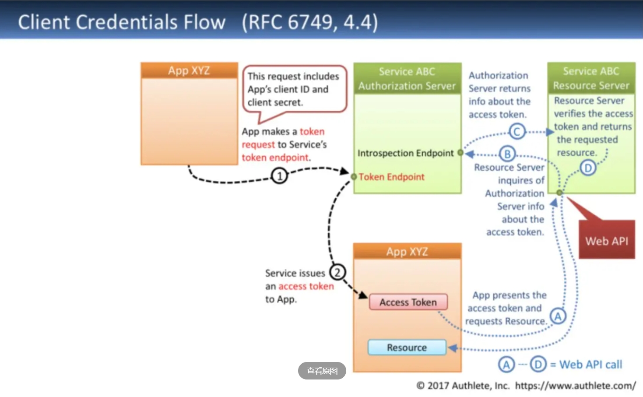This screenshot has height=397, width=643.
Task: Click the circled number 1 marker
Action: point(279,176)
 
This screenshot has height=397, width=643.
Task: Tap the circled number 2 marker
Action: point(337,272)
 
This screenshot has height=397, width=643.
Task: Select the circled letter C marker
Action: point(517,131)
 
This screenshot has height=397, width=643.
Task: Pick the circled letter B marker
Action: point(507,154)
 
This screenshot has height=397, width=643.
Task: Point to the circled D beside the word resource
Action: point(588,168)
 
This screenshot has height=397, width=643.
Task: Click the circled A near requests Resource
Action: point(558,316)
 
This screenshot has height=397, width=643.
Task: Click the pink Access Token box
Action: point(408,302)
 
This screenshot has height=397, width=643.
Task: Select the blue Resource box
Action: point(407,348)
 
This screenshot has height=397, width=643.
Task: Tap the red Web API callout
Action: point(607,239)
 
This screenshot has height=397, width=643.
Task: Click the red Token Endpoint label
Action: point(391,177)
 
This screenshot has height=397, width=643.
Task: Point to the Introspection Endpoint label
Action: point(405,153)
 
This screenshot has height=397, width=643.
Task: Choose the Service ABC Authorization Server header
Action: point(408,79)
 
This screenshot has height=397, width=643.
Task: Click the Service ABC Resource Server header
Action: point(591,78)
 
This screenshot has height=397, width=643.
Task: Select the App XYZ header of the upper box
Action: point(189,70)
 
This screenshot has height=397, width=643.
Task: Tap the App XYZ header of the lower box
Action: point(408,251)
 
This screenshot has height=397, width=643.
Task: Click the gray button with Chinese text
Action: point(322,371)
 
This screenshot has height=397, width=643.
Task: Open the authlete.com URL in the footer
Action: point(575,386)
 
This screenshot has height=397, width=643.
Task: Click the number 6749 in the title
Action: point(310,22)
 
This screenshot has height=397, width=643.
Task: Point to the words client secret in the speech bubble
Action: point(275,102)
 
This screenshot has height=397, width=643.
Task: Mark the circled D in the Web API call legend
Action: point(538,365)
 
